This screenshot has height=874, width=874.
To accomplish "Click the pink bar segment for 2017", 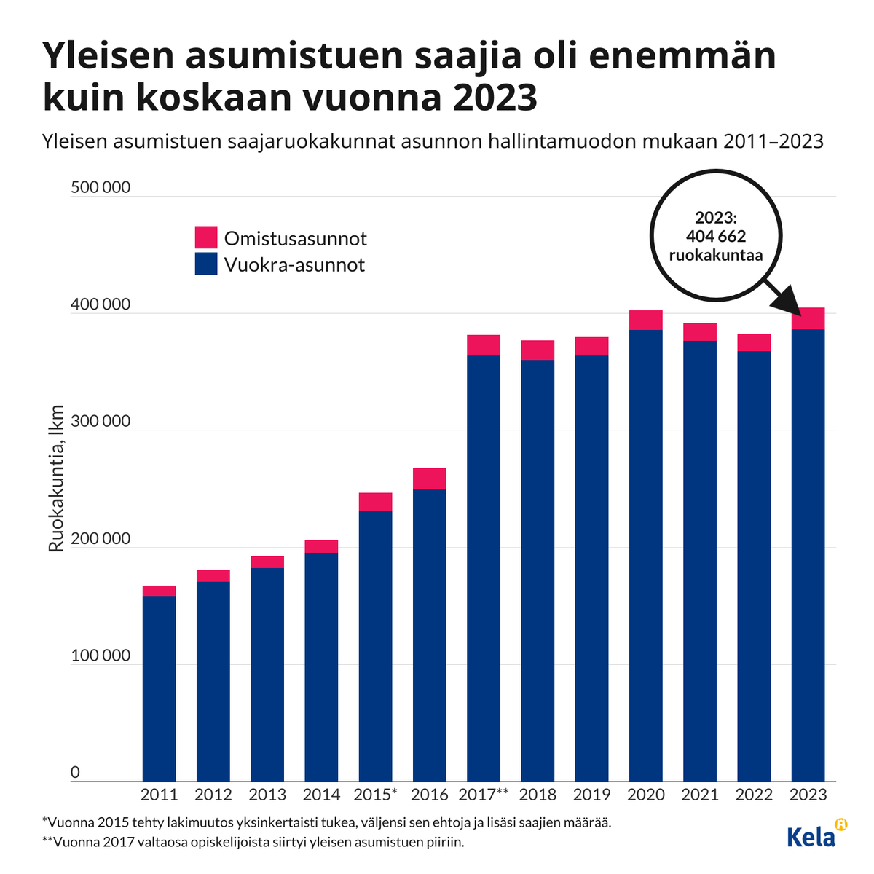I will point(484,345).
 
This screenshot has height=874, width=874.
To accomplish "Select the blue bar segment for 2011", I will point(159,688).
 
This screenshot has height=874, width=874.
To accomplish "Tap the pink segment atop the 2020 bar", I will point(646,320).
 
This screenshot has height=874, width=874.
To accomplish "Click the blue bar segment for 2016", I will point(430,634).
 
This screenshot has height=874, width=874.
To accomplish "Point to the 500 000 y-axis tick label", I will point(101,188).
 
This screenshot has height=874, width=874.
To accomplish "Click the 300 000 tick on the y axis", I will point(101,422).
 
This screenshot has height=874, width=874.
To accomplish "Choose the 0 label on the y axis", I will point(75,773).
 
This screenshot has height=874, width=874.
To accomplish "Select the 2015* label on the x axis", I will point(376,795).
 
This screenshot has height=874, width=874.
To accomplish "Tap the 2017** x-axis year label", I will point(484,795).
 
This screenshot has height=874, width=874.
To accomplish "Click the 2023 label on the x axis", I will point(808,795).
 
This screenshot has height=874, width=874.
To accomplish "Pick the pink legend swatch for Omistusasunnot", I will point(206,237).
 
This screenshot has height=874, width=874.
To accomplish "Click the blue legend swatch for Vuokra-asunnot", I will point(206,264).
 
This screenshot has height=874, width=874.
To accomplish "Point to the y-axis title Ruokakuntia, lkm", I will point(56,479).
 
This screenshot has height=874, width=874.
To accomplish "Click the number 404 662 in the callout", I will point(715,236).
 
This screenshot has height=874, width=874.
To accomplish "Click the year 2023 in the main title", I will point(495,98).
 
